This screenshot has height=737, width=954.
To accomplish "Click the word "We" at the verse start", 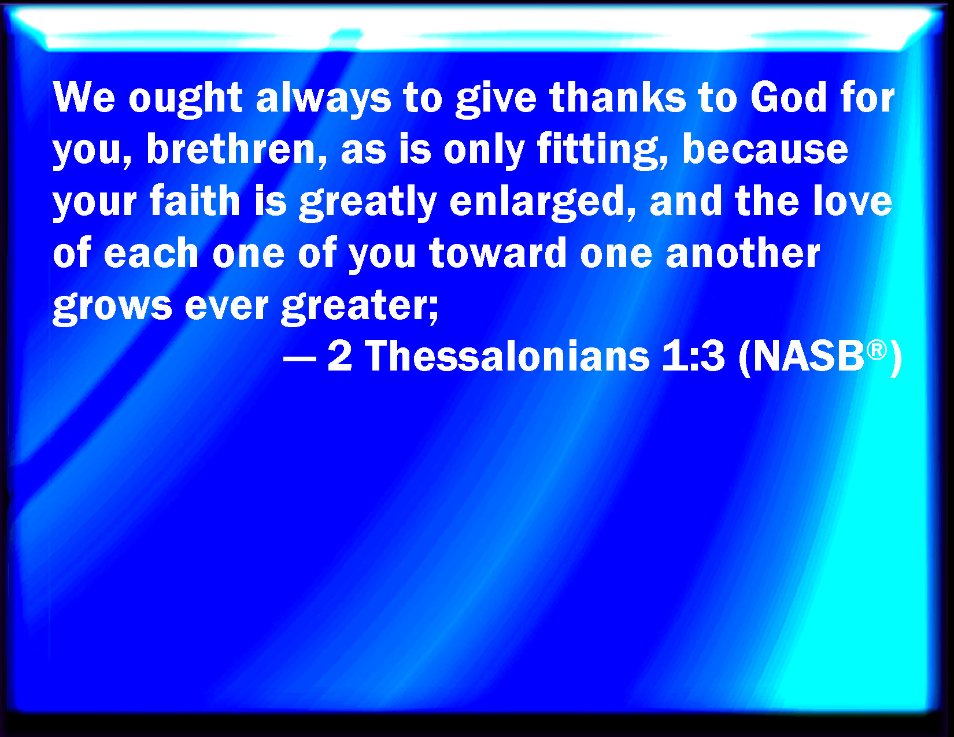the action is point(84,97).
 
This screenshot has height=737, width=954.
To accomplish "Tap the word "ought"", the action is point(185,100).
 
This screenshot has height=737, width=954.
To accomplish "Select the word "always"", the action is point(323,100).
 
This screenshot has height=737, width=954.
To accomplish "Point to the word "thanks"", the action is point(617,97).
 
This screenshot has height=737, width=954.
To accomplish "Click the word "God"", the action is point(789,97).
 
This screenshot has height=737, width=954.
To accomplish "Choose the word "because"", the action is point(765,149).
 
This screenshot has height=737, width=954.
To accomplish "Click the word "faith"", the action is point(194,201).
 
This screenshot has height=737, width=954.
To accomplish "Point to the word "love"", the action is point(852,201).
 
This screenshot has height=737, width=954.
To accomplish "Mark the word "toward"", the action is point(498,253).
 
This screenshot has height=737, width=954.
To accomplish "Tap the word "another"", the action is point(742,253).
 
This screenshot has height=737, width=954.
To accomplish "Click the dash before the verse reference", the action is point(299,358).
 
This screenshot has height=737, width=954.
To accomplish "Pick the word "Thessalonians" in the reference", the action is point(507,356).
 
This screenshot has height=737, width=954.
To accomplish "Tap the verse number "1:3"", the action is point(693,356).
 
